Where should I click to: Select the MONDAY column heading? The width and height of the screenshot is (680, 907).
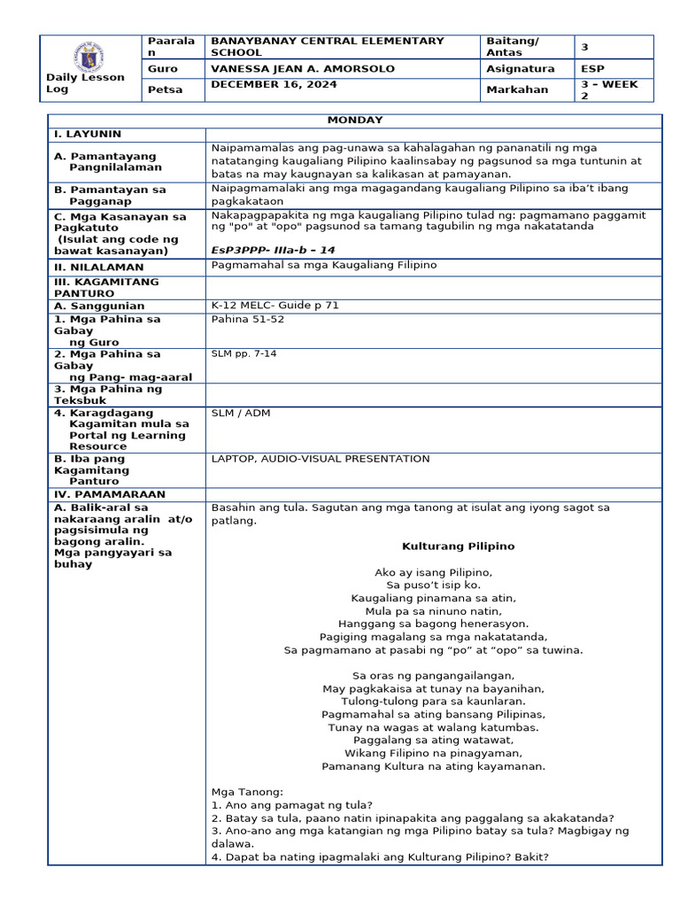[x=354, y=120]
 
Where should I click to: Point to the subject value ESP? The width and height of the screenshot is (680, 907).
[x=593, y=68]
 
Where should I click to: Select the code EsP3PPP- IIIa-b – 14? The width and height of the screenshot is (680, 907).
[x=274, y=250]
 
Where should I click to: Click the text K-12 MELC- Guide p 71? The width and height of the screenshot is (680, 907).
[x=275, y=306]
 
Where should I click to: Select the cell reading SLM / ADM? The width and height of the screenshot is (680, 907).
[x=241, y=413]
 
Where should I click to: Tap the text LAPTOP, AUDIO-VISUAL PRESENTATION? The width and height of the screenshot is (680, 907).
[x=321, y=459]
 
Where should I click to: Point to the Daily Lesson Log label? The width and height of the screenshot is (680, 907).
[x=85, y=83]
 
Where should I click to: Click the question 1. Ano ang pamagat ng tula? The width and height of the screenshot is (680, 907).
[x=292, y=805]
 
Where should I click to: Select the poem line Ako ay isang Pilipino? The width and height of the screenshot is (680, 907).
[x=433, y=572]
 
